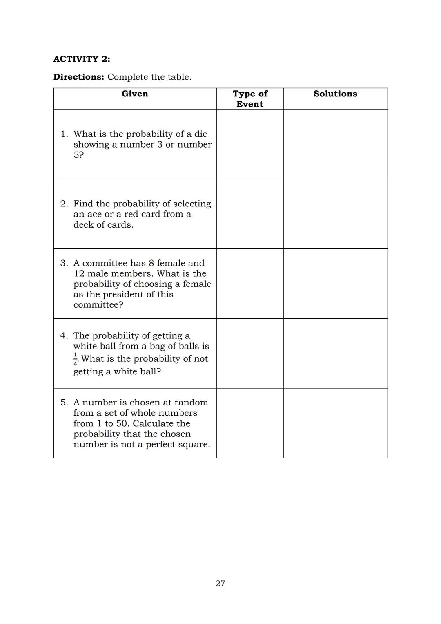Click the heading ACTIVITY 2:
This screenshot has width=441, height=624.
(x=81, y=59)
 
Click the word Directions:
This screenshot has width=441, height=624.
(x=79, y=77)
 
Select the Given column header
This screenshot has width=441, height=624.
(x=135, y=94)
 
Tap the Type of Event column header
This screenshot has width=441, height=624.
(x=250, y=98)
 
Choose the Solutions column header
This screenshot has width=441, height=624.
(x=335, y=94)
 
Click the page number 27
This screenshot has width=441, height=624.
(x=220, y=583)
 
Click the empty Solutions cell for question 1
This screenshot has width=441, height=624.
(x=335, y=144)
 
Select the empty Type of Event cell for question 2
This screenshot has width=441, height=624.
(x=250, y=214)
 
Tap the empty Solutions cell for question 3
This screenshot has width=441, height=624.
(x=335, y=284)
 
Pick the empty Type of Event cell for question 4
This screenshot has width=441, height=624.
(x=250, y=353)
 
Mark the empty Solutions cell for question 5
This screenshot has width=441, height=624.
(x=335, y=423)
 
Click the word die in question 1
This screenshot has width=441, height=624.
(x=200, y=134)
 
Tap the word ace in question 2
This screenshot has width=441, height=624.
(x=94, y=214)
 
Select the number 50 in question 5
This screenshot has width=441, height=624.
(x=122, y=423)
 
